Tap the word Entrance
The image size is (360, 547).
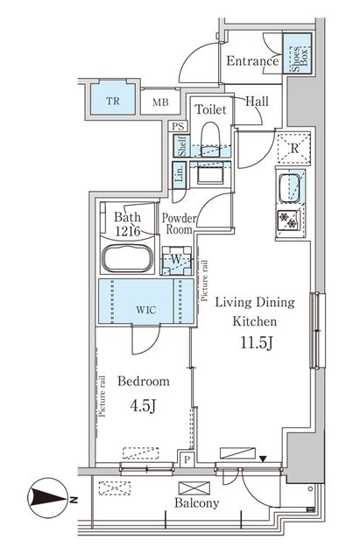tap(252, 61)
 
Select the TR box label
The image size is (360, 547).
tap(113, 101)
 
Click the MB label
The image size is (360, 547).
tap(160, 102)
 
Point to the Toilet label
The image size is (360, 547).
tap(210, 110)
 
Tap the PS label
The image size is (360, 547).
tap(179, 126)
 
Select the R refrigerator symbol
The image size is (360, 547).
tap(295, 148)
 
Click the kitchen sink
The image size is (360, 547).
tap(290, 186)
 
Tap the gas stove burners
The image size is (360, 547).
tap(290, 218)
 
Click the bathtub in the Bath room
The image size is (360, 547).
tap(128, 260)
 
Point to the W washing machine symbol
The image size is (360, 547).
tap(176, 260)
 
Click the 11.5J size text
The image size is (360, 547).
tap(257, 340)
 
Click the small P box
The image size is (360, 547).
tap(187, 459)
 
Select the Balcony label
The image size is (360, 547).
tap(197, 503)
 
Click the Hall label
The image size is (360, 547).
tap(257, 101)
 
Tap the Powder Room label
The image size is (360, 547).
tap(180, 224)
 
